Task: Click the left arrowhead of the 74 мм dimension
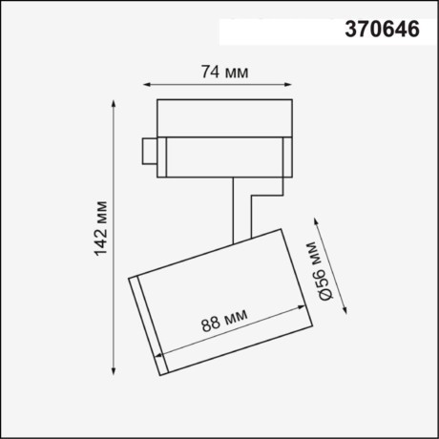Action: [154, 84]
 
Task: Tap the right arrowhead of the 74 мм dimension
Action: [290, 84]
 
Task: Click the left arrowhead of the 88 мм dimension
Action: [158, 360]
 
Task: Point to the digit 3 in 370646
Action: [349, 30]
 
